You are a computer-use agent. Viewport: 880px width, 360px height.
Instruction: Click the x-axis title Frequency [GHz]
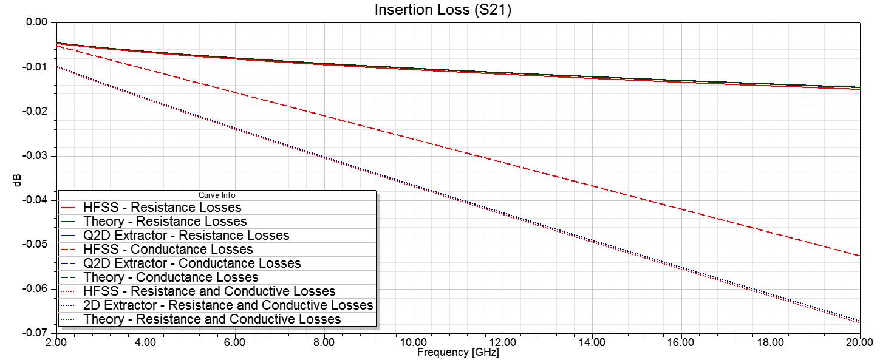tap(458, 352)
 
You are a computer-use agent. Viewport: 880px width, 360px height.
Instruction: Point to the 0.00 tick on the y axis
tap(37, 22)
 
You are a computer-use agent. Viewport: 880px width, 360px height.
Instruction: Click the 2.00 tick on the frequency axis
tap(56, 342)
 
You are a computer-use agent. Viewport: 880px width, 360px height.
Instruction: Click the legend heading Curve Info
tap(217, 195)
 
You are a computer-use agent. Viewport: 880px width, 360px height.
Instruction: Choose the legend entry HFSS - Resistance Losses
tap(162, 208)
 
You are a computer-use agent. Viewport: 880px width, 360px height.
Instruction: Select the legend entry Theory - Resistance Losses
tap(165, 222)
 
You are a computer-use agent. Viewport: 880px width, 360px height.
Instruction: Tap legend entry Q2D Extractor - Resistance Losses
tap(186, 235)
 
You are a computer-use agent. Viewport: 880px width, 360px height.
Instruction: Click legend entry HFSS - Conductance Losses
tap(168, 250)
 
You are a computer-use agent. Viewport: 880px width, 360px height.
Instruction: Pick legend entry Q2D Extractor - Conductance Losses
tap(192, 263)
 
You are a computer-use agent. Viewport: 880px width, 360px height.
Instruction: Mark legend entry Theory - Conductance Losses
tap(171, 277)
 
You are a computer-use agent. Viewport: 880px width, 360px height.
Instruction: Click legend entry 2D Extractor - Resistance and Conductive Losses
tap(228, 305)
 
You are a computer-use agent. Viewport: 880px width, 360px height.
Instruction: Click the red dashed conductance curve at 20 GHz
tap(859, 256)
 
